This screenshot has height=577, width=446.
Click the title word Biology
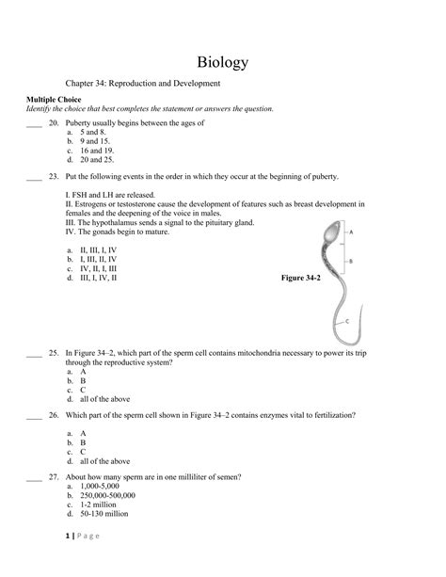pos(223,62)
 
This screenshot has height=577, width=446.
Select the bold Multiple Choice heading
pos(54,99)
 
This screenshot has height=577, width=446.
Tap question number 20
pos(56,123)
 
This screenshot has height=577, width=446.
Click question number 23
pos(56,176)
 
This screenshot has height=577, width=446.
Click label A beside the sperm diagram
pos(351,231)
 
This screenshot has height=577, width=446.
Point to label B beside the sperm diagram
pos(351,261)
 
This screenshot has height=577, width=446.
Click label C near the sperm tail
pos(348,321)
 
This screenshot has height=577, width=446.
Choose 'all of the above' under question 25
pos(105,398)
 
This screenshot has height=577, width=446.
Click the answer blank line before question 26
pos(34,415)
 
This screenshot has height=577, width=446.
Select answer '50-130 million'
pos(104,514)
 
